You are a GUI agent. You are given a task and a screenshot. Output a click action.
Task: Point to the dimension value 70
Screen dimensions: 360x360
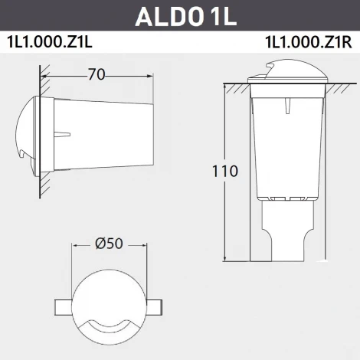click(x=96, y=75)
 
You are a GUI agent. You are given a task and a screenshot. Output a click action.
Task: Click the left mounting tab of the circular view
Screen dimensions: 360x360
click(x=63, y=306)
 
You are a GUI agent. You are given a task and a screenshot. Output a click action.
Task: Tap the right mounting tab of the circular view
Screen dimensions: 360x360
click(x=154, y=306)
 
